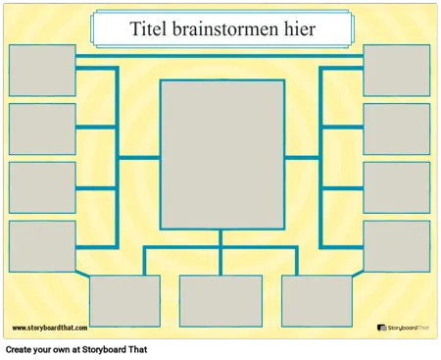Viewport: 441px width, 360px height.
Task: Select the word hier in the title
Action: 295,30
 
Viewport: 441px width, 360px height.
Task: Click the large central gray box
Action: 221,154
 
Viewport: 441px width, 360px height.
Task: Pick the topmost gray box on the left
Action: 42,71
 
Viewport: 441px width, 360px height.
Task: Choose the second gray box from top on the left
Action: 42,129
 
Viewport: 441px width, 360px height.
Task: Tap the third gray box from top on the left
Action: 42,187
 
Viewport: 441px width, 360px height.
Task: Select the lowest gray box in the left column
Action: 42,245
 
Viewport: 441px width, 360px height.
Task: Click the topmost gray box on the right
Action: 396,71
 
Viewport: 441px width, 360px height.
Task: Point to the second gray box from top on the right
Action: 396,129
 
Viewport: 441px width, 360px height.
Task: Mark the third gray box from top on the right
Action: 396,187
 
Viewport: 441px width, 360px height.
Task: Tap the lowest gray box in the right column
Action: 396,245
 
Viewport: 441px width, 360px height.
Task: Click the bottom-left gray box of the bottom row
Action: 124,300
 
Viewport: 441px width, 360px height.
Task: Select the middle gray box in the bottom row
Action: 220,300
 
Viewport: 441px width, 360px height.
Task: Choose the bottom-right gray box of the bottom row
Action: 317,300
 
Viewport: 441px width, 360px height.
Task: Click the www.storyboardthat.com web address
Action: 50,329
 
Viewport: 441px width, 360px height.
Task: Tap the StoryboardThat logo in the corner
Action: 405,329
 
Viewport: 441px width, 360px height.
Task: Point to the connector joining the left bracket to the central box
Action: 138,157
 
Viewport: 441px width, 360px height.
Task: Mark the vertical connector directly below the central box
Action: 220,238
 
